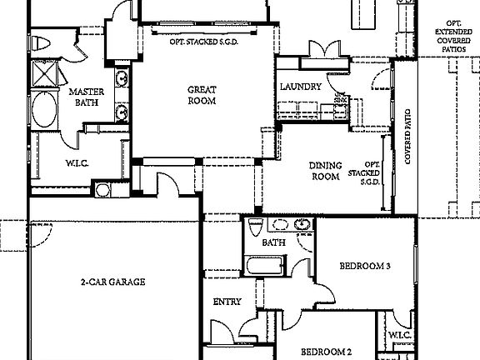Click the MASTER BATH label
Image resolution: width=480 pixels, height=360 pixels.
coord(84,98)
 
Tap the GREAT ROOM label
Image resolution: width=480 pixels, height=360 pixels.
coord(202,95)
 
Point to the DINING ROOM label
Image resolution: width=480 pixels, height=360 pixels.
coord(325,171)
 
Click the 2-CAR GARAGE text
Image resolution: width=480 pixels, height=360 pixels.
coord(112,282)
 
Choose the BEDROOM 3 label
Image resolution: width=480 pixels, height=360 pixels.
coord(365,267)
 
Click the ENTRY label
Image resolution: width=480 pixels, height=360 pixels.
coord(227,302)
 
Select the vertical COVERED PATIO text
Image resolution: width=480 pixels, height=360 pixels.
coord(408,136)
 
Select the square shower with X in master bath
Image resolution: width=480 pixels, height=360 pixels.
coord(42,73)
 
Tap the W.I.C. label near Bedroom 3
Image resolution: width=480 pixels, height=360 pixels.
coord(397,336)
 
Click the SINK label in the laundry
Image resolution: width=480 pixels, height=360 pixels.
coord(340,97)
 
